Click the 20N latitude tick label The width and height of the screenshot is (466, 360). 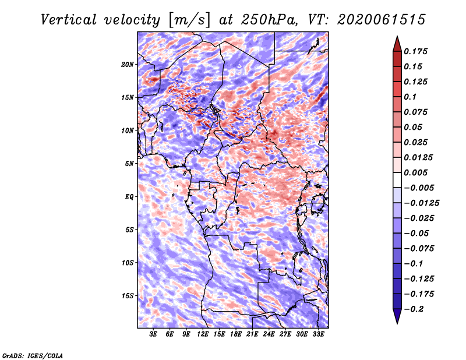click(x=127, y=65)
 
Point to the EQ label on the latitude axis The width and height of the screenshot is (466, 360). click(x=129, y=197)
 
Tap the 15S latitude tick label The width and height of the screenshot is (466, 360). click(x=127, y=296)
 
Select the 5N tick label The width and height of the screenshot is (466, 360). click(x=129, y=164)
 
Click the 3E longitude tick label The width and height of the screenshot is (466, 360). click(x=153, y=334)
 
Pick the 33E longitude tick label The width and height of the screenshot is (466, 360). click(x=318, y=334)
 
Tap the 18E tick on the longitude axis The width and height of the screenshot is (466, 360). click(x=236, y=334)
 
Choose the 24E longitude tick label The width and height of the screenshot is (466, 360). click(x=269, y=334)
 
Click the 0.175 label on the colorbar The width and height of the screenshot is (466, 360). click(x=415, y=51)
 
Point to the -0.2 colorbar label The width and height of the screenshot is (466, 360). click(x=414, y=309)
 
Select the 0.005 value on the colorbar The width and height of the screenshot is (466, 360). click(x=415, y=172)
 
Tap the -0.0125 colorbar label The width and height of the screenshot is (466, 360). click(x=421, y=203)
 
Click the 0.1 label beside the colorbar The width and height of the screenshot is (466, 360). click(x=410, y=97)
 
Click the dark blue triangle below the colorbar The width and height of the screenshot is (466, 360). click(x=397, y=316)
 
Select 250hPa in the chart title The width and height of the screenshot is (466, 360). click(x=269, y=20)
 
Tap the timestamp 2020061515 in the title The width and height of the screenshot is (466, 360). click(x=381, y=20)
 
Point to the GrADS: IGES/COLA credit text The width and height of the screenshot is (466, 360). click(x=33, y=356)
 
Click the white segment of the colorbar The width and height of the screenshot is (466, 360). click(x=397, y=180)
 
